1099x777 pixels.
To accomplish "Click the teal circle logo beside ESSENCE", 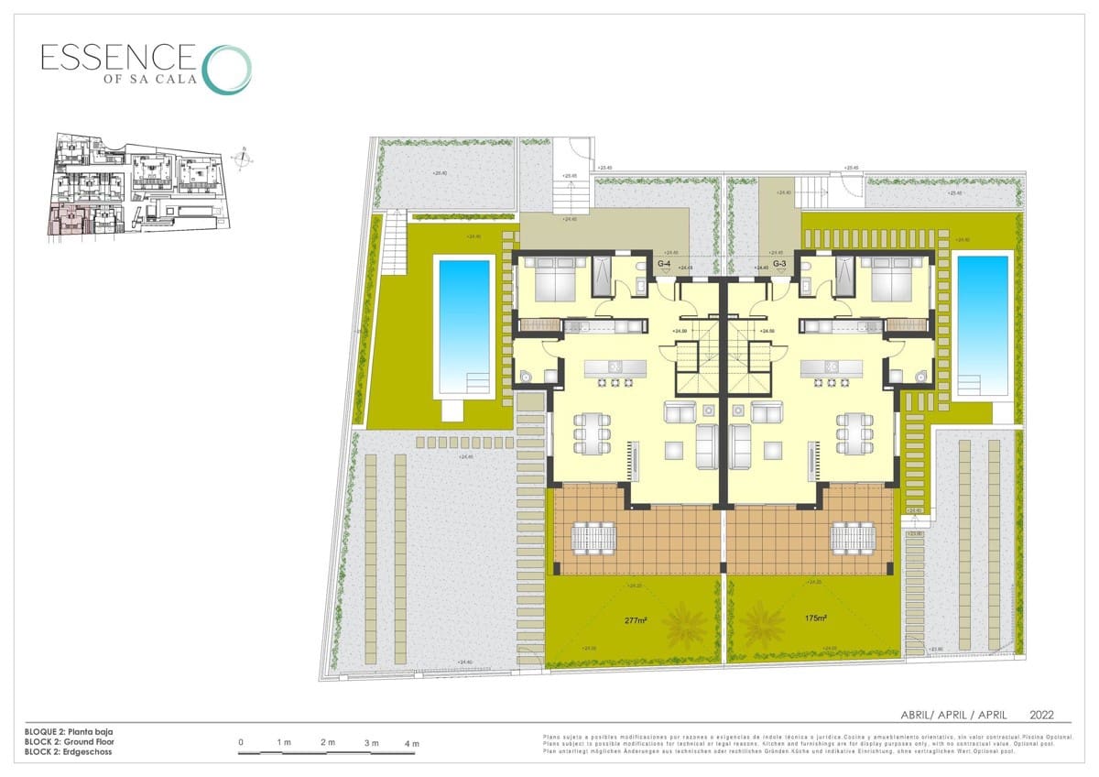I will pyautogui.click(x=226, y=69).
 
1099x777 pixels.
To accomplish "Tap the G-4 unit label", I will pyautogui.click(x=666, y=264).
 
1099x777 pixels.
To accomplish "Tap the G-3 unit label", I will pyautogui.click(x=780, y=264).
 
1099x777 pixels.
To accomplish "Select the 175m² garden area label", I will pyautogui.click(x=816, y=618).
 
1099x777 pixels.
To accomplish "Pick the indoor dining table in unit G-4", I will pyautogui.click(x=592, y=433).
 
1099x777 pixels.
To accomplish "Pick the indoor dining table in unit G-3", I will pyautogui.click(x=854, y=433).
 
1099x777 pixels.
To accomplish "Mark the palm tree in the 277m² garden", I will pyautogui.click(x=685, y=629).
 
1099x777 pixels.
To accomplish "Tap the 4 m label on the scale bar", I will pyautogui.click(x=411, y=742).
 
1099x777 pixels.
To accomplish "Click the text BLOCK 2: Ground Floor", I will pyautogui.click(x=70, y=741).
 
